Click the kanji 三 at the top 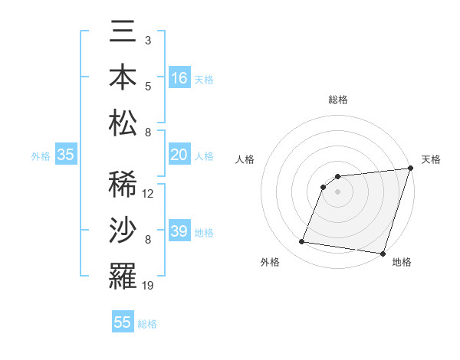123,33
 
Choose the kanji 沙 123,230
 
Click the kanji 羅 123,275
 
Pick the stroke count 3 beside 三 147,40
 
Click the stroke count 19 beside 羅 148,286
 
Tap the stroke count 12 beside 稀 148,194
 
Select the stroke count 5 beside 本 147,86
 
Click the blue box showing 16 179,78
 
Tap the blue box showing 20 179,155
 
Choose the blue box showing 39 179,231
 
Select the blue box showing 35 66,155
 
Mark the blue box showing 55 123,322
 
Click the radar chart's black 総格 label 338,100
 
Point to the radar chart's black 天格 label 431,159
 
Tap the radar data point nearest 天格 410,169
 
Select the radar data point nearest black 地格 383,254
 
